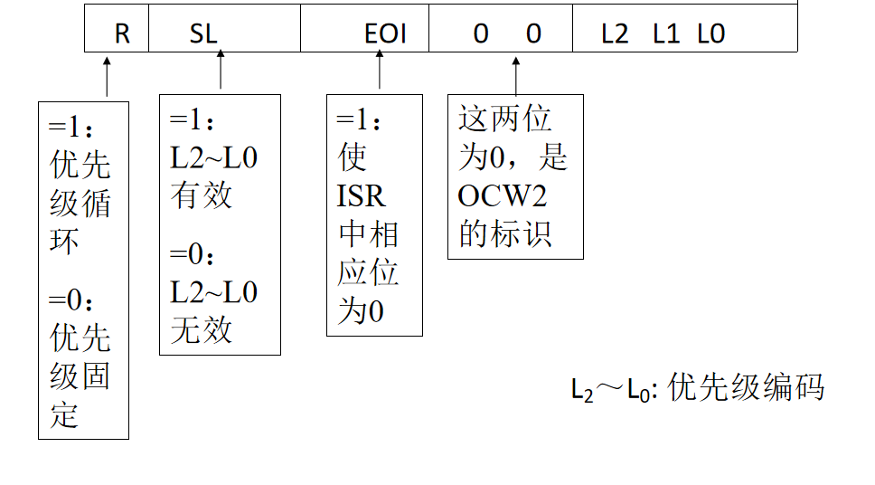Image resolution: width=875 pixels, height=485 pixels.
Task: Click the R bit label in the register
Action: coord(122,34)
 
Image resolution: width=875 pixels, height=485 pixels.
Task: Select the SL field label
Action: coord(203,34)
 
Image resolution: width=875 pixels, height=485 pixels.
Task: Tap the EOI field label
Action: coord(386,34)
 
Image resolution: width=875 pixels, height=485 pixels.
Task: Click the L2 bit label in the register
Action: coord(615,34)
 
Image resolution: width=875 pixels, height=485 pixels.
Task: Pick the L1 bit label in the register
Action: coord(666,34)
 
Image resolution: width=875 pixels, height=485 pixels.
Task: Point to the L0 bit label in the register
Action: coord(711,34)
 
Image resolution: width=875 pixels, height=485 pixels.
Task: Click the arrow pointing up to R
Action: coord(107,77)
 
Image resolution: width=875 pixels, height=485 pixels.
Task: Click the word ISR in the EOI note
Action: coord(361,195)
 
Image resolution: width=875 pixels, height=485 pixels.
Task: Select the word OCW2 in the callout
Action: coord(503,195)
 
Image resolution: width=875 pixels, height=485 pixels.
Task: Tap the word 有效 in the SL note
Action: coord(201,195)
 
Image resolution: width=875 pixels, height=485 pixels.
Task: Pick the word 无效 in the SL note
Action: coord(201,330)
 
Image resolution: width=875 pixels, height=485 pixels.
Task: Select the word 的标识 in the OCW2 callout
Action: coord(505,234)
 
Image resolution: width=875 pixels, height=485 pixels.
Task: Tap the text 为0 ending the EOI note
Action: coord(361,312)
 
